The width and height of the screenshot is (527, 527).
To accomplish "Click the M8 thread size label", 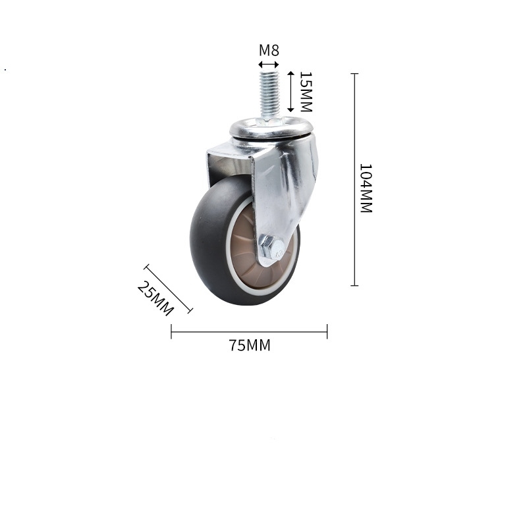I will [x=268, y=50].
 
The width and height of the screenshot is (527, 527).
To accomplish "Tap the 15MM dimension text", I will [x=304, y=91].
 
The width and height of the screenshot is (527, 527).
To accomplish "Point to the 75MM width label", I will [x=250, y=345].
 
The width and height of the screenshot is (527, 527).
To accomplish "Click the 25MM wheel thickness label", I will [x=155, y=298].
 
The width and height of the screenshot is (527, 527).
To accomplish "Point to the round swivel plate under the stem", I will [x=271, y=127].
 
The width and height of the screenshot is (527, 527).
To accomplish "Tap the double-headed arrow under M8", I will [x=268, y=65].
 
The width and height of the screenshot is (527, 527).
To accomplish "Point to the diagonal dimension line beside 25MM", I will [x=168, y=289].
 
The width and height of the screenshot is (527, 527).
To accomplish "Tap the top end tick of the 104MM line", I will [x=354, y=74].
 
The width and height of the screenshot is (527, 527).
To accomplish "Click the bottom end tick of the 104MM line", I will [x=354, y=285].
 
